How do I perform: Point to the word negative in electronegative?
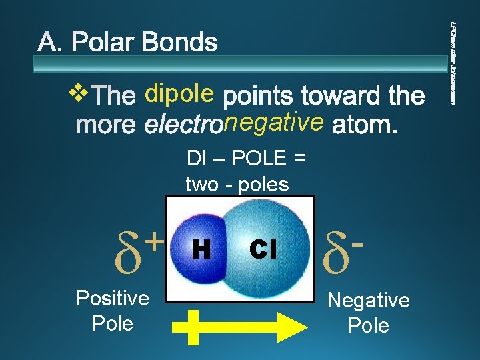275,123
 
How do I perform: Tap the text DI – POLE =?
246,159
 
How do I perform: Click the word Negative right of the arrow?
369,300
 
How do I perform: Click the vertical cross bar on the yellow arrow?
193,327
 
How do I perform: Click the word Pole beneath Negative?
369,325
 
